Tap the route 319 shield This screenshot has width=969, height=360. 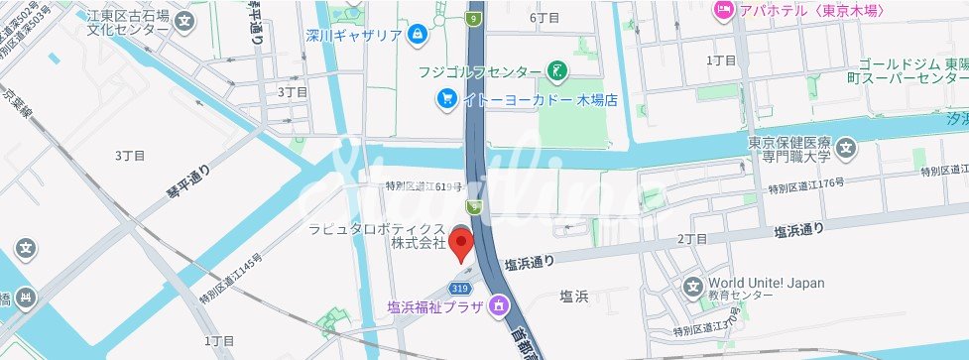[x=457, y=287]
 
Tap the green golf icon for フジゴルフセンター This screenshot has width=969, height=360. [x=558, y=71]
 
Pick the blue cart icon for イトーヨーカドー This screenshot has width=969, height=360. [x=447, y=99]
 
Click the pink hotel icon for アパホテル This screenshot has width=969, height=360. [x=723, y=10]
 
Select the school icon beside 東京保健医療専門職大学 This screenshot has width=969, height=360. [x=846, y=150]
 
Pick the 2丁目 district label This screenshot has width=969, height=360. [x=691, y=239]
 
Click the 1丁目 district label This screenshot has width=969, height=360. [x=721, y=60]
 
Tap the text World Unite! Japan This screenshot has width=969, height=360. [x=767, y=283]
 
